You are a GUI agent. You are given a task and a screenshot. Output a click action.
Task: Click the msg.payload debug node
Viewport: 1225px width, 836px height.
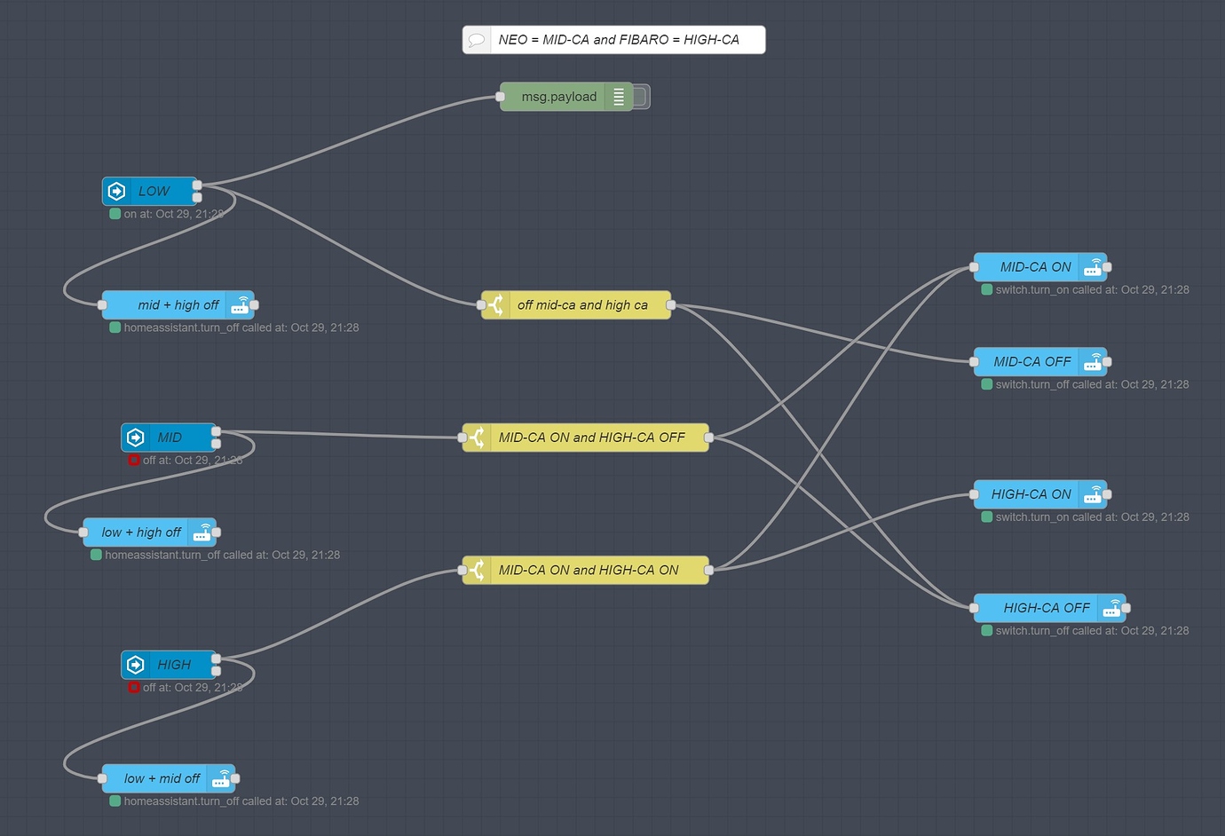coord(558,97)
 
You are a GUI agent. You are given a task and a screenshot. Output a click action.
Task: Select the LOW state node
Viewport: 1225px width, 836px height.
coord(153,191)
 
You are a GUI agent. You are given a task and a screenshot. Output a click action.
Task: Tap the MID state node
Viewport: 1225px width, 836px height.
coord(170,438)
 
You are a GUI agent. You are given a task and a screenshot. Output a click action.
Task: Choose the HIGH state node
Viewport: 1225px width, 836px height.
coord(173,665)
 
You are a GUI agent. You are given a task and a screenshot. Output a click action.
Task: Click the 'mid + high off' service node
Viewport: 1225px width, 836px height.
coord(178,305)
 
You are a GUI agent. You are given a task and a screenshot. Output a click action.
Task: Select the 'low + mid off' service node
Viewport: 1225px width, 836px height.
coord(162,778)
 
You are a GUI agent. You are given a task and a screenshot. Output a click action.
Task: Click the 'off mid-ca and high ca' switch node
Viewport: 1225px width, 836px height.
coord(581,305)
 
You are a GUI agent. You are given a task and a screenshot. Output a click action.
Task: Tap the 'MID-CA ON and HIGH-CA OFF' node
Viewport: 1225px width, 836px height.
coord(591,438)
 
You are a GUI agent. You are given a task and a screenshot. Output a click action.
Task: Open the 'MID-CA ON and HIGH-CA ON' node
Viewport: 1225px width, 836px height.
coord(588,570)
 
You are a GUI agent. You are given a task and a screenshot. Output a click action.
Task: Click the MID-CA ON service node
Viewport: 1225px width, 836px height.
coord(1035,267)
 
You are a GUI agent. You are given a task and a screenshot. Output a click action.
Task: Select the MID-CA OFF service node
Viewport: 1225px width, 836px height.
coord(1031,362)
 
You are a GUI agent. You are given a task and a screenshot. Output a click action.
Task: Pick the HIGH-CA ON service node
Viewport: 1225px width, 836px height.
coord(1031,494)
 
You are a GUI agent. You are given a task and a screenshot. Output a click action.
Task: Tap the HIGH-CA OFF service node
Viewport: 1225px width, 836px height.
coord(1046,608)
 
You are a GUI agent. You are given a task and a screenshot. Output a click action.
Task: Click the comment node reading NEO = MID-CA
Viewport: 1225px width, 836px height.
coord(618,40)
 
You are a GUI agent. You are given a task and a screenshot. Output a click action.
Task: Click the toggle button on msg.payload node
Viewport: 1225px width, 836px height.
coord(642,97)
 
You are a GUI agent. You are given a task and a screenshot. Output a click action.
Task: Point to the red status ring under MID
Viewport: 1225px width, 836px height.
coord(134,461)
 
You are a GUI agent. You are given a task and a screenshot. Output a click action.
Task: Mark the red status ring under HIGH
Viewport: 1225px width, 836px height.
coord(134,688)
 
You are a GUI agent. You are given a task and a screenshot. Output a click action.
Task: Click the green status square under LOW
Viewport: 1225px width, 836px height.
coord(115,214)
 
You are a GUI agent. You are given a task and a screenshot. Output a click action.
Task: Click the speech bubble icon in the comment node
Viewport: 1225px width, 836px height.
coord(477,40)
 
